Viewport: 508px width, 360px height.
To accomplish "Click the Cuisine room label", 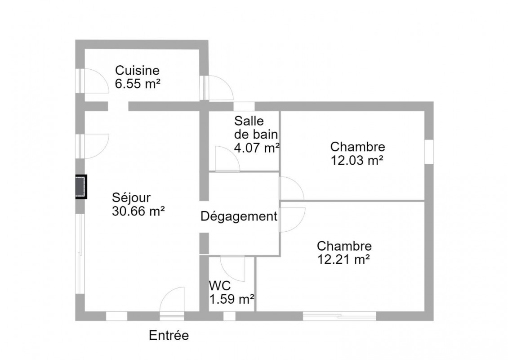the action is [137, 70].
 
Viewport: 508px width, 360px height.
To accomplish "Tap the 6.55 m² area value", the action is [138, 84].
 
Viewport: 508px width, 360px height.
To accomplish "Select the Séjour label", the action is [131, 198].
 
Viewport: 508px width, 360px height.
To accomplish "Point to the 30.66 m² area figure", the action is [138, 211].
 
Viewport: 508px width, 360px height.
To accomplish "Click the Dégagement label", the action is [239, 216].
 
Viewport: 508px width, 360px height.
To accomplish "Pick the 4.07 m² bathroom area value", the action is [257, 148].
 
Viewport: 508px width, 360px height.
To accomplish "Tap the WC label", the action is [220, 286].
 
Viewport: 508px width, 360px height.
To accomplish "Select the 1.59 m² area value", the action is [232, 299].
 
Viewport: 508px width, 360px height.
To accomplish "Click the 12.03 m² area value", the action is [357, 160].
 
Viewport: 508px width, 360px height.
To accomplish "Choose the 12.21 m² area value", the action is [343, 260].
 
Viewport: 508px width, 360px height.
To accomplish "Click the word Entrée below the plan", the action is [169, 335].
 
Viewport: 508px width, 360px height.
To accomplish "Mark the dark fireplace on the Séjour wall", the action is [81, 186].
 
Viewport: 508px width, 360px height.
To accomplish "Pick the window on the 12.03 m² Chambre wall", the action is [429, 152].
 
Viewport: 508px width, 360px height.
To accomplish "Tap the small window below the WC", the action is [229, 316].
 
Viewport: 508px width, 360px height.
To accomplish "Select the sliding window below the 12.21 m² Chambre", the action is [339, 316].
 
